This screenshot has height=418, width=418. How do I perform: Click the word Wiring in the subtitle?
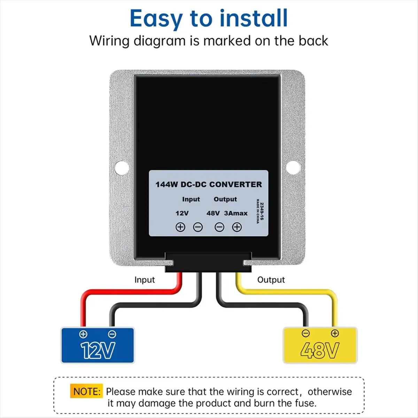pos(110,41)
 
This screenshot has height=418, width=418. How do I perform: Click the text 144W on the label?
pos(167,185)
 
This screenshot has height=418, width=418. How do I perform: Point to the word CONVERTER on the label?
pos(235,185)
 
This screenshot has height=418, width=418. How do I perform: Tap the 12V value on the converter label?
pos(182,213)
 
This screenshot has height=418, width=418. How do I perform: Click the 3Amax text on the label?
pos(236,213)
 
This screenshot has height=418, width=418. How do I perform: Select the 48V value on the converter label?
pos(213,213)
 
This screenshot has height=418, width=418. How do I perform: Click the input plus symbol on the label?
pos(180,227)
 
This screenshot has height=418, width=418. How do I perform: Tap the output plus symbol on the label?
pos(237,227)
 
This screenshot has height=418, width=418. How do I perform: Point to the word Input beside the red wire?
pos(145,280)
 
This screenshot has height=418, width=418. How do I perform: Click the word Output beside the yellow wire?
pos(271,280)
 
